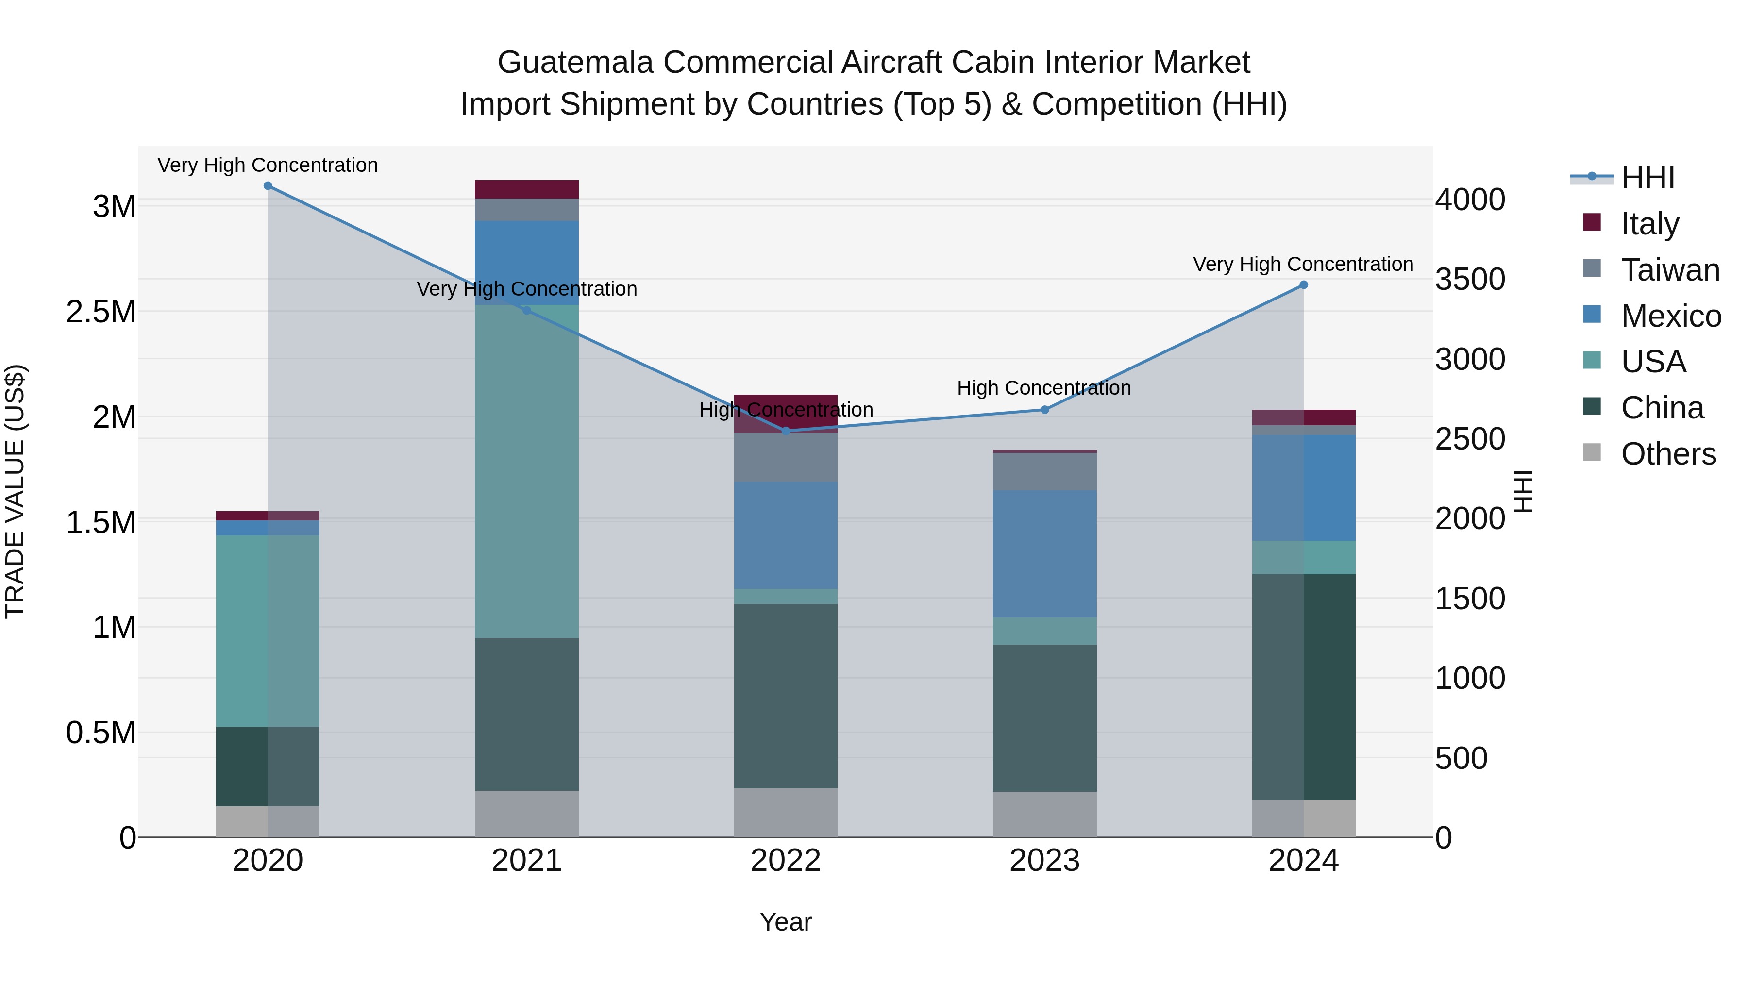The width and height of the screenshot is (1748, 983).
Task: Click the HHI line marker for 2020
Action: (268, 186)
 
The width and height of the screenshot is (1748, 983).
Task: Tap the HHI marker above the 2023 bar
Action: (1044, 410)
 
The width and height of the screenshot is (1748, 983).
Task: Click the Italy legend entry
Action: (1649, 224)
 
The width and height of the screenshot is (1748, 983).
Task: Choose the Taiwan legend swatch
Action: (1591, 268)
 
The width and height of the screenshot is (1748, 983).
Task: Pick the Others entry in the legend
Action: (1667, 454)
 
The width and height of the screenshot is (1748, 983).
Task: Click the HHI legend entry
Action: (1647, 178)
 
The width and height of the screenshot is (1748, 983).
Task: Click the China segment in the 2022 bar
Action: (785, 695)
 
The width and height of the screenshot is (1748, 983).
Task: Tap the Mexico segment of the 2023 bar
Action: (1044, 553)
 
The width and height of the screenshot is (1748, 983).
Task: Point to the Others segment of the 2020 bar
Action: (268, 821)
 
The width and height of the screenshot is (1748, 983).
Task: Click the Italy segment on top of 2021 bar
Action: (526, 189)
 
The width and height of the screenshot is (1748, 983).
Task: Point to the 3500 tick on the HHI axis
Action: (1470, 280)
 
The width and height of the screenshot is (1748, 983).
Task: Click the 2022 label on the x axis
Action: (785, 861)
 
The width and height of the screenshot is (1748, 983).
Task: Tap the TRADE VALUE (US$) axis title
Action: (15, 491)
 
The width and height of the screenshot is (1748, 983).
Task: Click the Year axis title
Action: (785, 922)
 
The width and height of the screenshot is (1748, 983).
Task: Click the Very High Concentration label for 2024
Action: (1303, 264)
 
